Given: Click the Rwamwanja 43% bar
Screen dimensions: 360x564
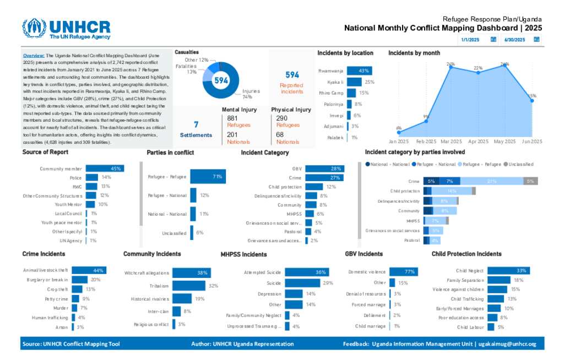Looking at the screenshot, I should [359, 70].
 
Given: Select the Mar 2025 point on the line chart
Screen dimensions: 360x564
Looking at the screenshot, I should [451, 67].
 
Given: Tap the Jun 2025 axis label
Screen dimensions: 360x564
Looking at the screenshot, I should [532, 141].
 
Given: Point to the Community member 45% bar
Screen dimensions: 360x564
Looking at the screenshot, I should [105, 168].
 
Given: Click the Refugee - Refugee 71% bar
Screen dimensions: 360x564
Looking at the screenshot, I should [208, 177].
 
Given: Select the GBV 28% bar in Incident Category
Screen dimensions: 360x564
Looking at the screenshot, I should [325, 168].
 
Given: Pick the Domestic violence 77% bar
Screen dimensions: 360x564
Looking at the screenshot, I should [404, 272].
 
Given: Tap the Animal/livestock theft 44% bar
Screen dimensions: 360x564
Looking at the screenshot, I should [89, 270].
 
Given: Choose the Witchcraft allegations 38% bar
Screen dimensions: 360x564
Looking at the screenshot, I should [192, 273].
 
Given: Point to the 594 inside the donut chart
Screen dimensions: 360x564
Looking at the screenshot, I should [221, 80].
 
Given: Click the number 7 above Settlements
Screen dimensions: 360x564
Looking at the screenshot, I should [196, 124].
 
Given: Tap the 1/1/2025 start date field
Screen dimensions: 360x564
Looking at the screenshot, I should [471, 40].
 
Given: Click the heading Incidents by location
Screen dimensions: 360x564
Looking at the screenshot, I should [345, 53].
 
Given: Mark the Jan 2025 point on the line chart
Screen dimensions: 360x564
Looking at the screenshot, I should [399, 133].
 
